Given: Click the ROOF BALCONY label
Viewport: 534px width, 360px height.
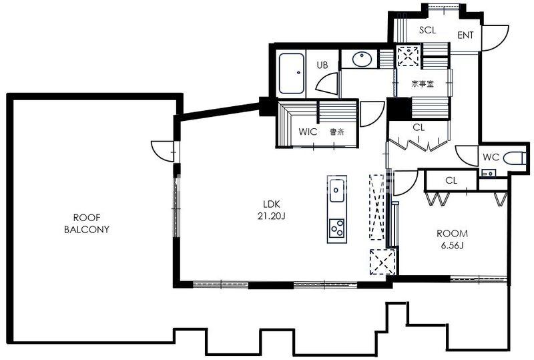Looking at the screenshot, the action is [87, 223].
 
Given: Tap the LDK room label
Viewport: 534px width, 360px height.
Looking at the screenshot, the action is [272, 204].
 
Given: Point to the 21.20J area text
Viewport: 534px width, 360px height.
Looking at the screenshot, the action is [272, 216].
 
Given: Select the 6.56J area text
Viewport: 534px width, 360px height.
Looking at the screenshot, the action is [453, 245].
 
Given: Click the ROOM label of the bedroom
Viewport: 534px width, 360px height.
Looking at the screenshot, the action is [453, 234].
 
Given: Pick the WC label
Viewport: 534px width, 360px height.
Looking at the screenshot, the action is [491, 157].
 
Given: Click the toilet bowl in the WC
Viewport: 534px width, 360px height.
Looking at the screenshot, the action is [514, 158].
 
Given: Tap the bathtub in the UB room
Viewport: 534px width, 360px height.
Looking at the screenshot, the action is [291, 73].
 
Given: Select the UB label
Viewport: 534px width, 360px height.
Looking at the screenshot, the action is [322, 65].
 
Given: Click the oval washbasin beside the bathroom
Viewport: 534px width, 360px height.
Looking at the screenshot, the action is [362, 59].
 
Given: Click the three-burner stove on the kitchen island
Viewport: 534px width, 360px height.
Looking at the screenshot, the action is [337, 228].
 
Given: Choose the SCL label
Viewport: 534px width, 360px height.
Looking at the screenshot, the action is [427, 30].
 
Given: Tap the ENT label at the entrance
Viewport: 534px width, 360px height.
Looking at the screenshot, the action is [465, 35].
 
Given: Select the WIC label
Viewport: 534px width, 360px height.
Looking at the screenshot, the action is [308, 132].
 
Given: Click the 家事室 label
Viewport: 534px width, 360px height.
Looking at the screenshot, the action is [423, 83].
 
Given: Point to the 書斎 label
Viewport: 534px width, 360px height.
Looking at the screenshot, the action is [337, 132].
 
